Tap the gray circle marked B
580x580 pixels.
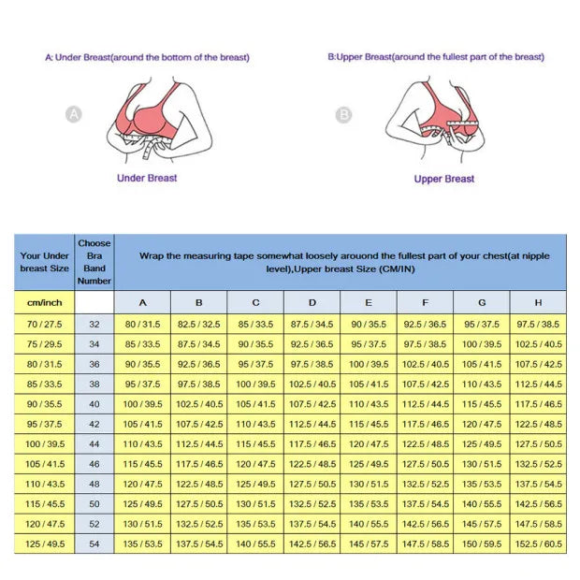[x=343, y=115]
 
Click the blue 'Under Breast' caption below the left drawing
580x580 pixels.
[x=147, y=178]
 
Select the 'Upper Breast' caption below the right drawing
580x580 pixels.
[x=444, y=179]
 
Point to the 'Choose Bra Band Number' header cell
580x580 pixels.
[x=94, y=261]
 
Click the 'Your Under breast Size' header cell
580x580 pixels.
[x=45, y=261]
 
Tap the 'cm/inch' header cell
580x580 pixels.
[x=45, y=302]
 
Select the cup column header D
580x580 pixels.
[x=312, y=302]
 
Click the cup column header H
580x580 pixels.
[x=538, y=302]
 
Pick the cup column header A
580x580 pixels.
[x=142, y=302]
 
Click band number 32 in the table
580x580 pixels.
[x=94, y=324]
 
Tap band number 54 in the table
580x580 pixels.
[x=94, y=544]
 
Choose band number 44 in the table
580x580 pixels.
[x=94, y=444]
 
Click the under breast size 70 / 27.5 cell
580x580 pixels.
[x=45, y=324]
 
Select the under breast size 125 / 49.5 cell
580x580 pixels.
[x=45, y=544]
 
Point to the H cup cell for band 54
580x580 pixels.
[x=538, y=544]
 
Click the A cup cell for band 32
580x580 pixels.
[x=142, y=324]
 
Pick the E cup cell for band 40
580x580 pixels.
[x=369, y=404]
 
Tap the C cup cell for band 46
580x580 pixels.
[x=255, y=464]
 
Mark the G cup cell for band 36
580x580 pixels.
[x=482, y=364]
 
